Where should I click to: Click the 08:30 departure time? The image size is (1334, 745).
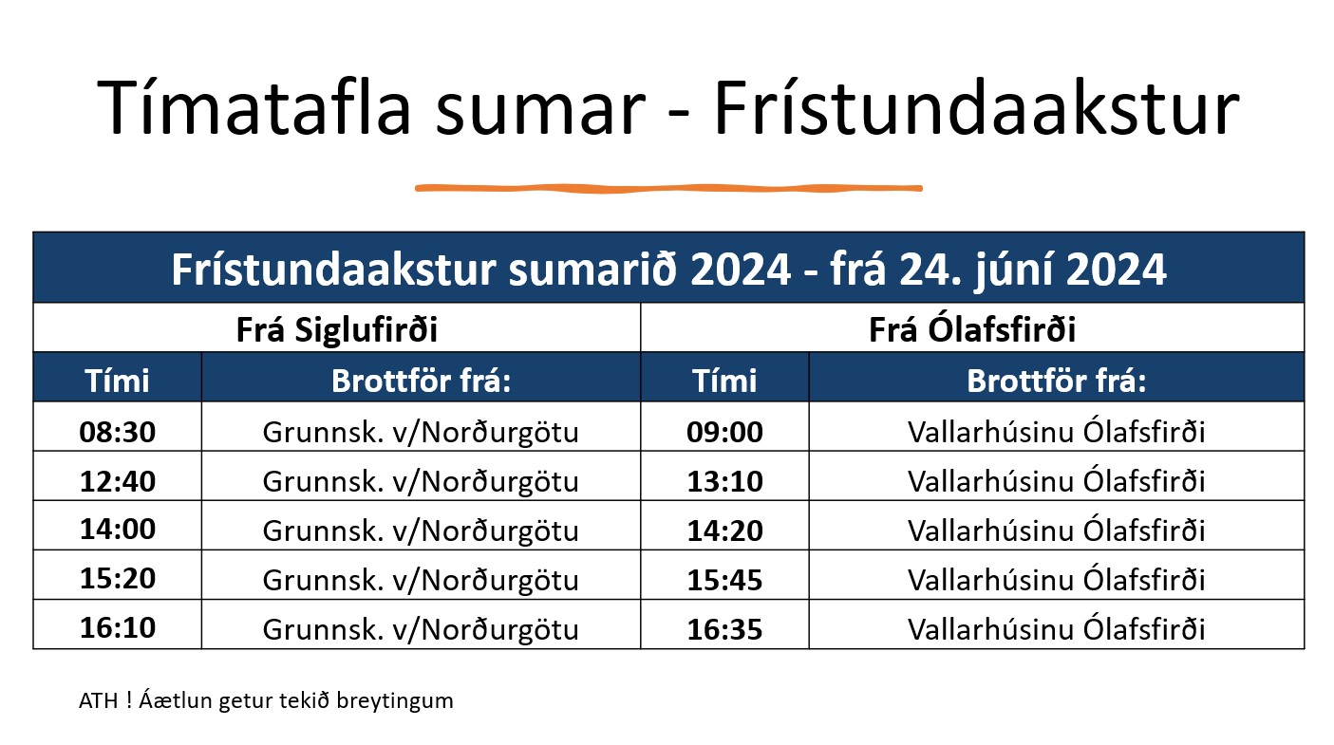pyautogui.click(x=118, y=432)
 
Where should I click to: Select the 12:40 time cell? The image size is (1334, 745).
pyautogui.click(x=118, y=481)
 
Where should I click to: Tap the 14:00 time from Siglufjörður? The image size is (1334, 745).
pyautogui.click(x=118, y=529)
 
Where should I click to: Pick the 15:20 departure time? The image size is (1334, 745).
pyautogui.click(x=118, y=578)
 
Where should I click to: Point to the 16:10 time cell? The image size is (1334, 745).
pyautogui.click(x=118, y=627)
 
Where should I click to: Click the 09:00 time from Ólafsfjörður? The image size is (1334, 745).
pyautogui.click(x=724, y=432)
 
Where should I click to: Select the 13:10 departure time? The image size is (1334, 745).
pyautogui.click(x=724, y=481)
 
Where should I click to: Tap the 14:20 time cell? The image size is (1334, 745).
pyautogui.click(x=724, y=531)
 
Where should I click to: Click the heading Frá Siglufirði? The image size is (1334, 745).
pyautogui.click(x=337, y=329)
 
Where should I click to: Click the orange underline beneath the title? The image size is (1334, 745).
pyautogui.click(x=668, y=189)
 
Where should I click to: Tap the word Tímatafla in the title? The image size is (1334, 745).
pyautogui.click(x=254, y=107)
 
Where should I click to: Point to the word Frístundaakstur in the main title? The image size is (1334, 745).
pyautogui.click(x=977, y=107)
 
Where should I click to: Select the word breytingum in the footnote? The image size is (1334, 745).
pyautogui.click(x=395, y=701)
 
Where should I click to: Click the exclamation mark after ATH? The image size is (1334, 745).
pyautogui.click(x=129, y=700)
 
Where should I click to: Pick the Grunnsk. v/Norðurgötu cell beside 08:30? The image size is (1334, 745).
pyautogui.click(x=421, y=433)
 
